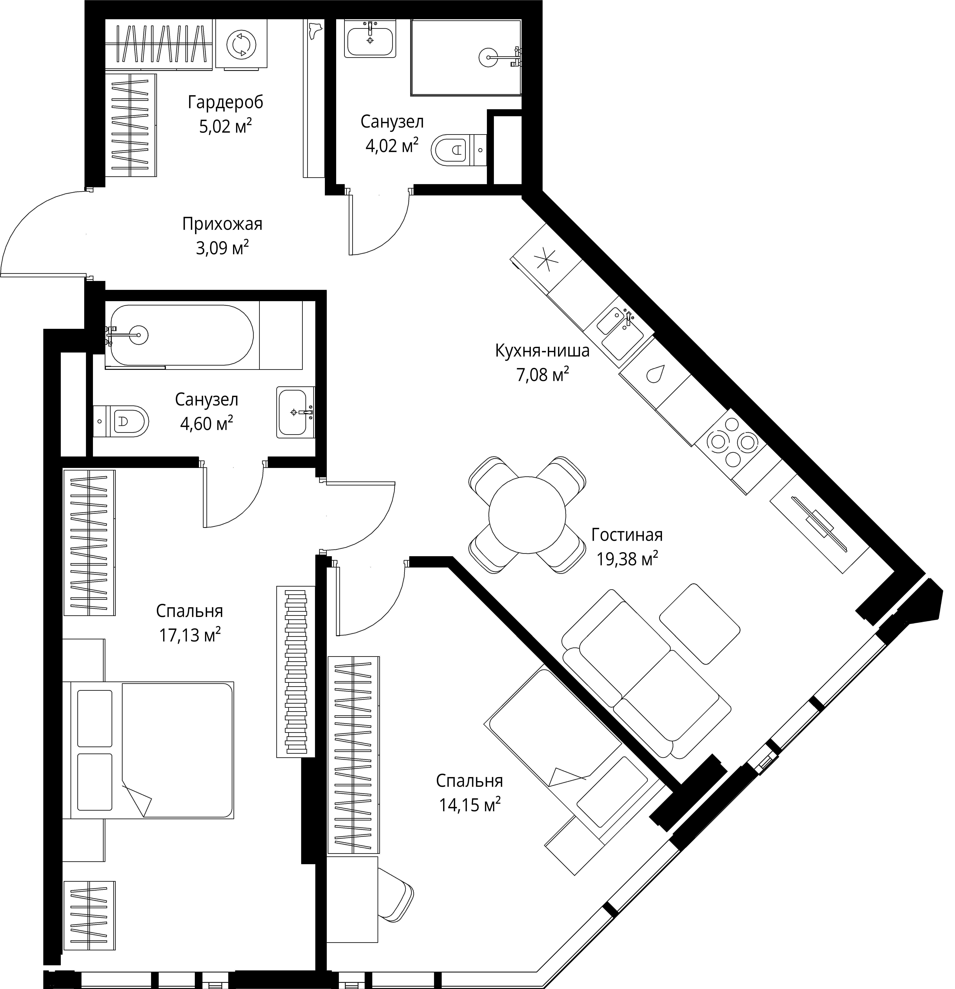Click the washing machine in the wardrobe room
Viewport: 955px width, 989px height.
pyautogui.click(x=241, y=44)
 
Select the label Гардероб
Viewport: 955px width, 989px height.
pyautogui.click(x=226, y=102)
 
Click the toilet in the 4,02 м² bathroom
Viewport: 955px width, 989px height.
pyautogui.click(x=459, y=149)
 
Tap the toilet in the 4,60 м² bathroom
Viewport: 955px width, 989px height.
pyautogui.click(x=121, y=420)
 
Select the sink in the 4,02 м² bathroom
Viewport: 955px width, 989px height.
pyautogui.click(x=370, y=38)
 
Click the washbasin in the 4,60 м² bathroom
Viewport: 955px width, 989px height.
pyautogui.click(x=295, y=412)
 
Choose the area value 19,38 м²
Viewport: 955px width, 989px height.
pyautogui.click(x=627, y=559)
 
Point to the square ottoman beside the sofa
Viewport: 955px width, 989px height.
pyautogui.click(x=700, y=624)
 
